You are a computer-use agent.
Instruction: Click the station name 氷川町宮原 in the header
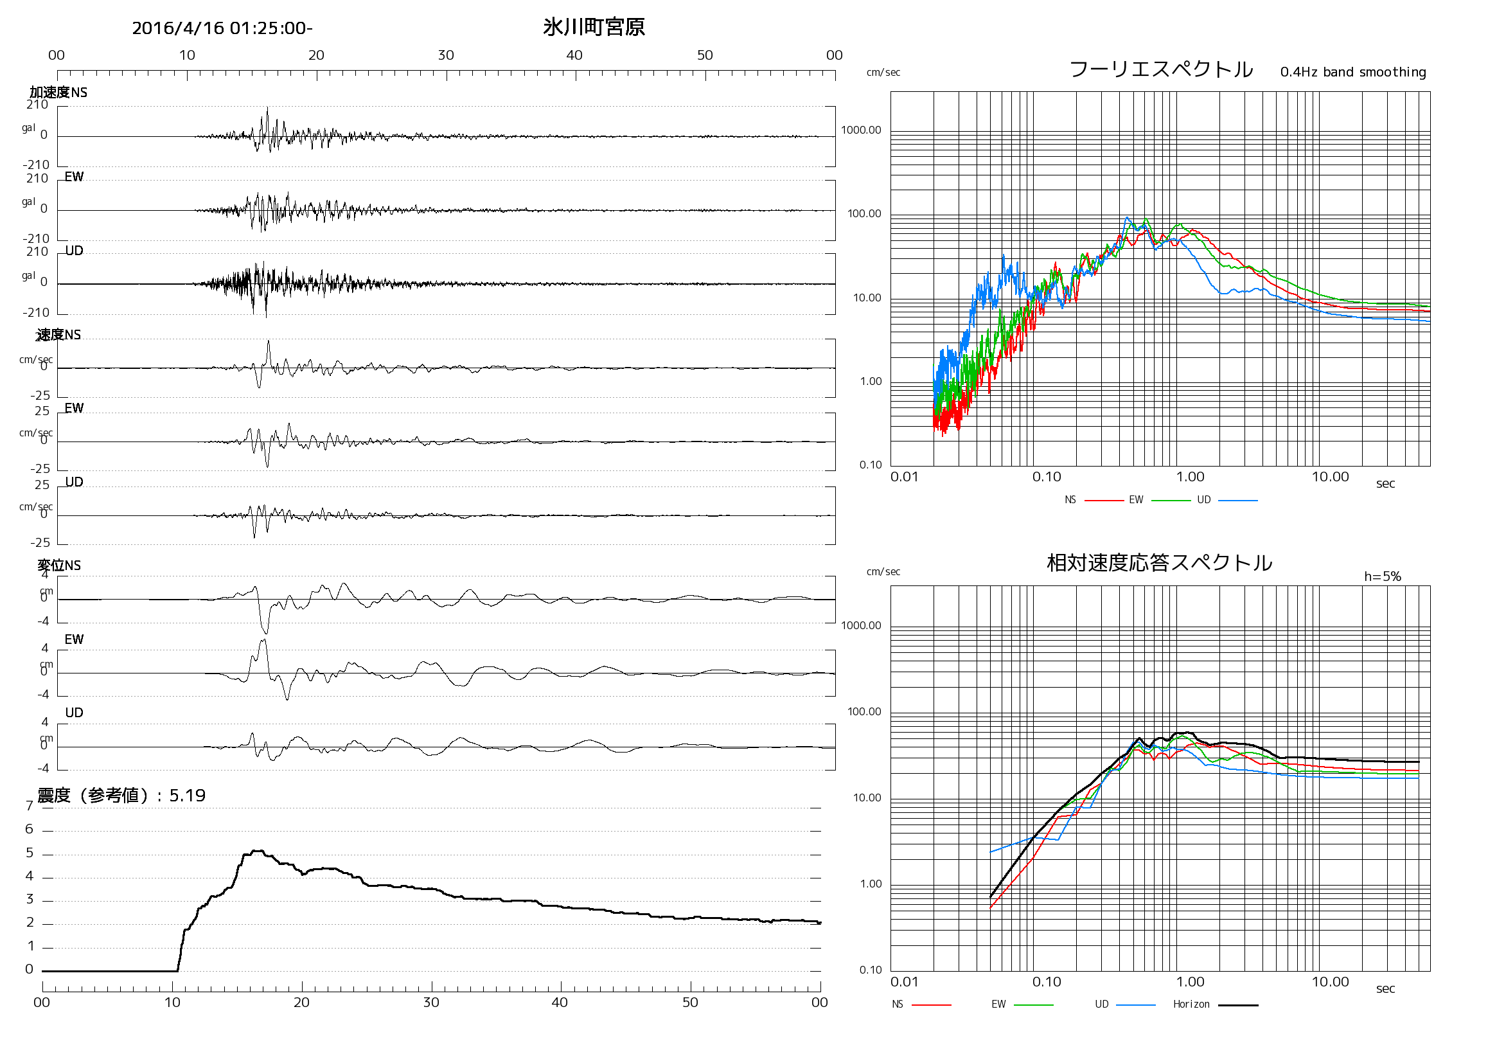(x=594, y=27)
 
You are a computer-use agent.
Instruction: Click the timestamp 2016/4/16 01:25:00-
(x=222, y=28)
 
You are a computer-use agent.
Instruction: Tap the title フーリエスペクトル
(x=1161, y=69)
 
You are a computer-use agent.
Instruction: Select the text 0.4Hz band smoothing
(x=1352, y=72)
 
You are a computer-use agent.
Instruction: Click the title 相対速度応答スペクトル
(x=1160, y=562)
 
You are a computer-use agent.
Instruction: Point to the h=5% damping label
(x=1382, y=576)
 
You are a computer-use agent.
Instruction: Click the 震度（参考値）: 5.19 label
(x=121, y=796)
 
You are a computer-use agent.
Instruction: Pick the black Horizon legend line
(x=1238, y=1004)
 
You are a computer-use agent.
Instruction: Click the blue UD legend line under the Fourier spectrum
(x=1238, y=501)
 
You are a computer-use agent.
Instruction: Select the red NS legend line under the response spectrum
(x=932, y=1004)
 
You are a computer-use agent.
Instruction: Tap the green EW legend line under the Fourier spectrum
(x=1171, y=501)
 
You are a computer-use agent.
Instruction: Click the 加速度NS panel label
(x=58, y=93)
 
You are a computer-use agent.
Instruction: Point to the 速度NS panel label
(x=58, y=334)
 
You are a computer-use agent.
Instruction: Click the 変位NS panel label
(x=59, y=566)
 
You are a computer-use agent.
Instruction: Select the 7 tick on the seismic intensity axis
(x=29, y=806)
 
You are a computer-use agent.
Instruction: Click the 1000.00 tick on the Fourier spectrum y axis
(x=861, y=130)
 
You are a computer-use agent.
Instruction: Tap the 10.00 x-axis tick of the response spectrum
(x=1330, y=982)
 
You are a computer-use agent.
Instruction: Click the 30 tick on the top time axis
(x=446, y=55)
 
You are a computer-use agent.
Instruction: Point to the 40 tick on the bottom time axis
(x=560, y=1003)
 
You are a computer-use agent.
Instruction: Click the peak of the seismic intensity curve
(x=257, y=851)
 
